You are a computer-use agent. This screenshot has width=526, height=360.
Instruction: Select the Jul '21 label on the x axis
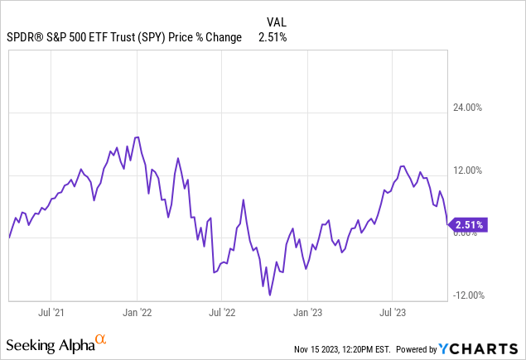click(51, 313)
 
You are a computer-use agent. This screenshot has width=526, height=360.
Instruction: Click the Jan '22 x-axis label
click(137, 313)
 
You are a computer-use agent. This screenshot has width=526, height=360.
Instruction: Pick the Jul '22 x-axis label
click(221, 313)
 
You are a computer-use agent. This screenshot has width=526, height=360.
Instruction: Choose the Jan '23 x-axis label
click(307, 313)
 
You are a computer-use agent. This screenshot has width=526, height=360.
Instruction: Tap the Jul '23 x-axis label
click(392, 313)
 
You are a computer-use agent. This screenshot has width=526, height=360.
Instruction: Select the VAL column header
click(277, 22)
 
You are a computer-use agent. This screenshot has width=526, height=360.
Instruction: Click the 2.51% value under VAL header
click(273, 37)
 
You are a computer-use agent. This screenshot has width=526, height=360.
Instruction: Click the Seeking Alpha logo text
click(49, 343)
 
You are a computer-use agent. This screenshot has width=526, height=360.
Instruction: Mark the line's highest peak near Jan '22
click(138, 137)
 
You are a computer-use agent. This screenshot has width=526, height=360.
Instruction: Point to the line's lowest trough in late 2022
click(270, 295)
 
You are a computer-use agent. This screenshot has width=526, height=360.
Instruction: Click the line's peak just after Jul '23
click(403, 166)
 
